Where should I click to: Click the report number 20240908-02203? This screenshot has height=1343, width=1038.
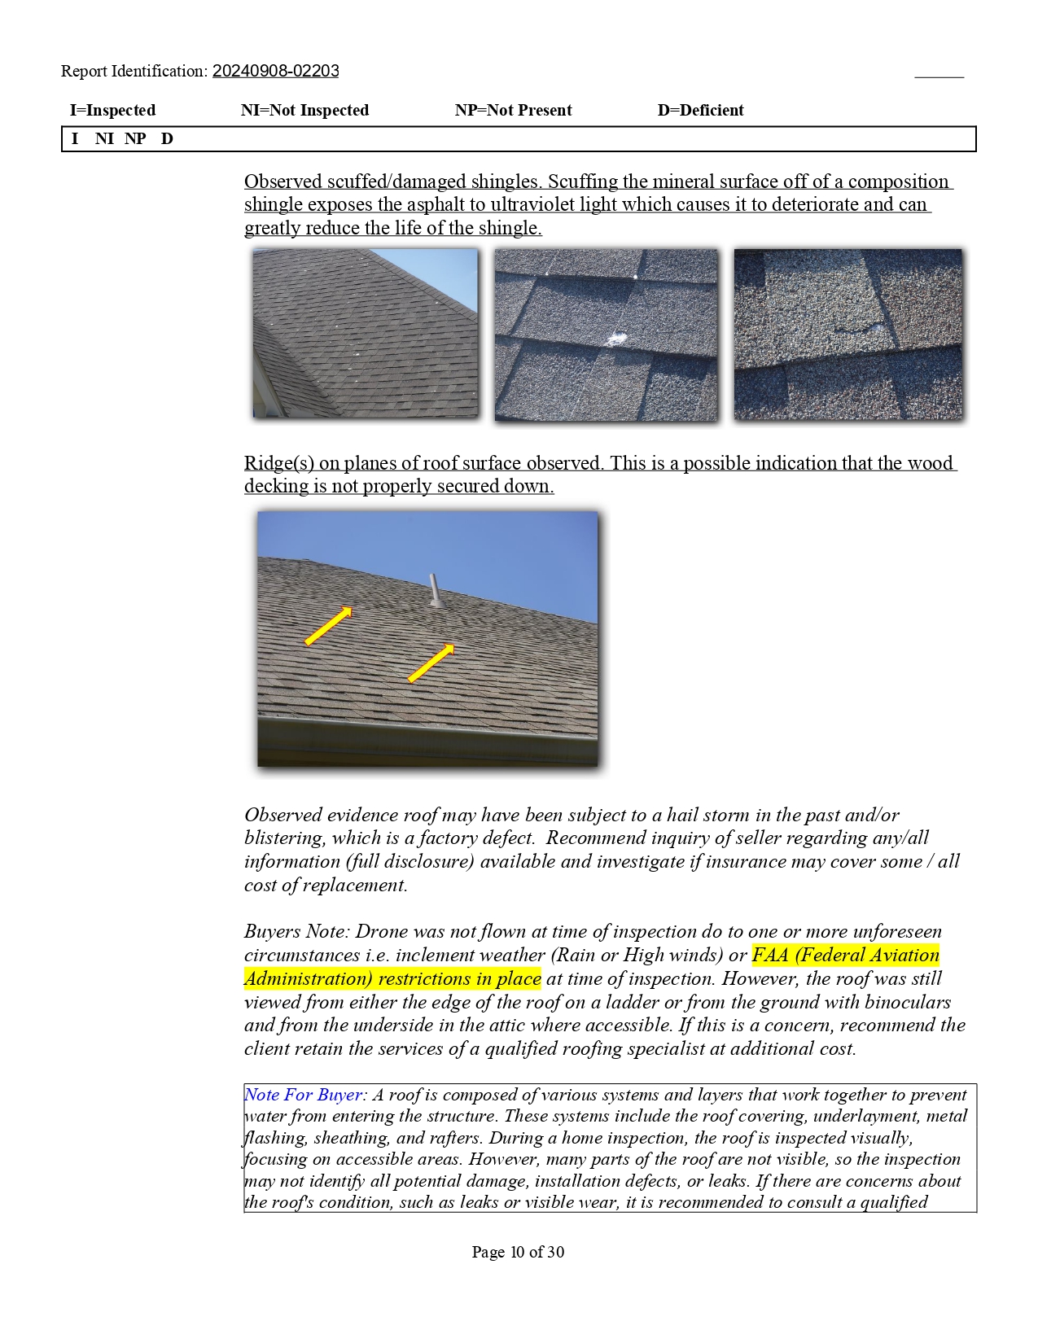click(x=275, y=71)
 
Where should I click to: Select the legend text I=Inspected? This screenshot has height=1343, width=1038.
click(x=112, y=110)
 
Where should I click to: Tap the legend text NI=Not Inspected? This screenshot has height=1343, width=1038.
click(x=304, y=110)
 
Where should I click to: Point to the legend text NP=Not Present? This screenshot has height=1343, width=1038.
click(x=513, y=110)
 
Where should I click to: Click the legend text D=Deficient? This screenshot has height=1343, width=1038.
click(x=700, y=110)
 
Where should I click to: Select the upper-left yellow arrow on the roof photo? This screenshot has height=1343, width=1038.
click(x=328, y=626)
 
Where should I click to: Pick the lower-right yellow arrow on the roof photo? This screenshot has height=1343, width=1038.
click(x=431, y=663)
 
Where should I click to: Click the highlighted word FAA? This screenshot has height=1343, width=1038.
click(x=770, y=955)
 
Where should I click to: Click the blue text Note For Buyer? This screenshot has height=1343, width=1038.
click(x=303, y=1095)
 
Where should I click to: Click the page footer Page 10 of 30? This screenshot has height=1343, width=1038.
click(x=518, y=1252)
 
